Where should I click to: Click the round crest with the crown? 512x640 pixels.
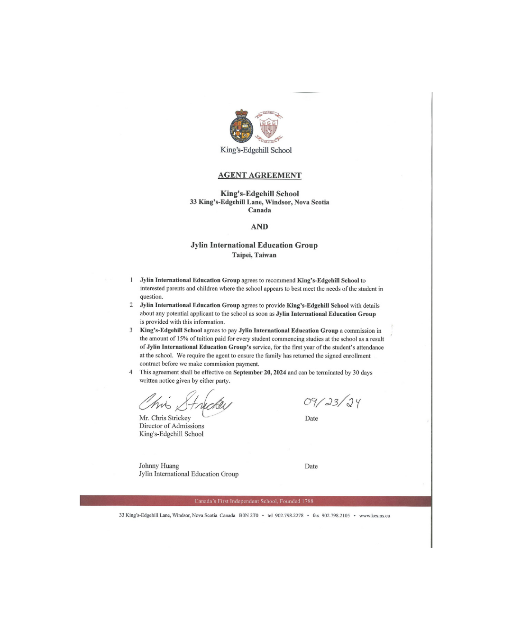point(242,127)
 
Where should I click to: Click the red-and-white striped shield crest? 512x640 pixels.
point(269,127)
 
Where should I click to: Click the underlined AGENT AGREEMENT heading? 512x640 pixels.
point(259,175)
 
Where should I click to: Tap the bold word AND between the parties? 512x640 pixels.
point(259,227)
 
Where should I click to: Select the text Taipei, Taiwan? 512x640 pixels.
point(254,255)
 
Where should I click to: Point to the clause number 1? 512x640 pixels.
point(131,280)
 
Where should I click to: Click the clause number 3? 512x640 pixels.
point(131,330)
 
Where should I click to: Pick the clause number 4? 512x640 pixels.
point(131,372)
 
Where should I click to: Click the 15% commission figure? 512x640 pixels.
point(183,339)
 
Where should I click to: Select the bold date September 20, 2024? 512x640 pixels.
point(259,373)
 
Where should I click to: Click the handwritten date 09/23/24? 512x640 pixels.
point(332,402)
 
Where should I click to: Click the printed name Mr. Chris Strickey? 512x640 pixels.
point(165,418)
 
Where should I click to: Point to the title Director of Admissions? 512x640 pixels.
point(172,426)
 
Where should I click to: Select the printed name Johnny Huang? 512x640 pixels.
point(159,466)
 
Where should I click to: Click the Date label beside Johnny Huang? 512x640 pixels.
point(311,466)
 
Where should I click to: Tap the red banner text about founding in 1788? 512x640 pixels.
point(254,501)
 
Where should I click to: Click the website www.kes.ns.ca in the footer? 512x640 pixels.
point(375,516)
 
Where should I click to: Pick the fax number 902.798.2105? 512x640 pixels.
point(336,516)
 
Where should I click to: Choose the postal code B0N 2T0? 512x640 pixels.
point(248,516)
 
